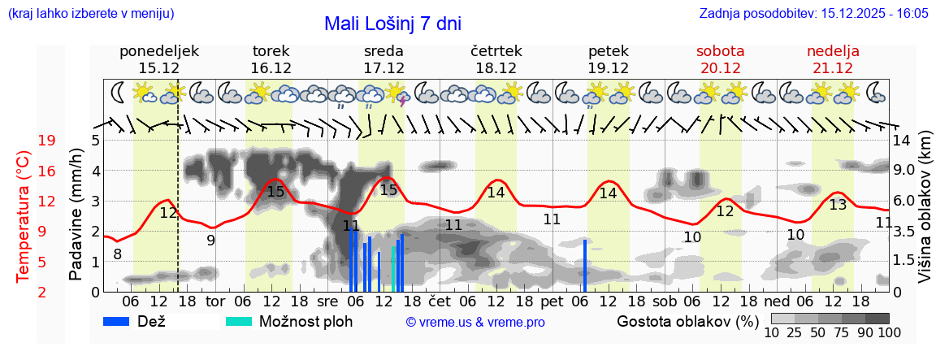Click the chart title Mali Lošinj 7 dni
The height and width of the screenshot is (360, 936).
(x=392, y=24)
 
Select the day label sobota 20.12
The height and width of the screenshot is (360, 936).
(x=720, y=59)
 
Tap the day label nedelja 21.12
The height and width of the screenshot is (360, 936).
(x=833, y=59)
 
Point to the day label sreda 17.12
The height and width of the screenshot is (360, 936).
(x=383, y=59)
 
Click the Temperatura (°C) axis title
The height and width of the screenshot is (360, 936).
(x=24, y=217)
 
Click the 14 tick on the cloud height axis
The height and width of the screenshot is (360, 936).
(x=902, y=140)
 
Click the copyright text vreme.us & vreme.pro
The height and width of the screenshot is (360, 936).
(x=475, y=322)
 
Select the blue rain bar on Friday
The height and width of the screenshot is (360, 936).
(x=584, y=265)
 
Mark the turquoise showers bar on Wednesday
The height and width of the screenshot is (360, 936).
(x=393, y=269)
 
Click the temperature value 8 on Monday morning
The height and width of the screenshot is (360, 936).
(x=118, y=254)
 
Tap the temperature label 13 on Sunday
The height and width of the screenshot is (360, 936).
(x=838, y=205)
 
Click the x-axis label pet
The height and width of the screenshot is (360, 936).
(x=552, y=301)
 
